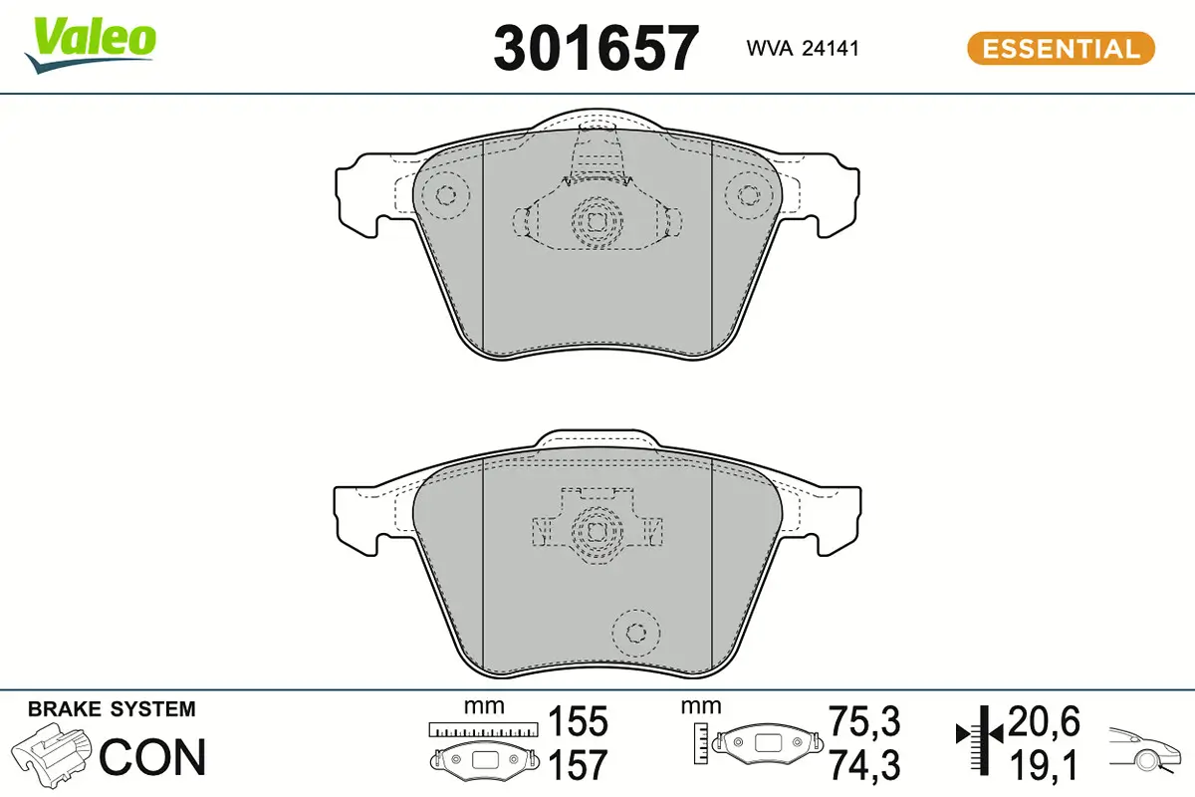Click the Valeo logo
(91, 46)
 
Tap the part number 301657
(596, 48)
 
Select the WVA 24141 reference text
(803, 49)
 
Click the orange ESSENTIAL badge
(1061, 49)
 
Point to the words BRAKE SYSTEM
(112, 709)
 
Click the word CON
(152, 757)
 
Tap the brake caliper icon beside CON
(51, 755)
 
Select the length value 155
(578, 721)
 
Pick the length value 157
(578, 765)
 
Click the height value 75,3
(864, 721)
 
